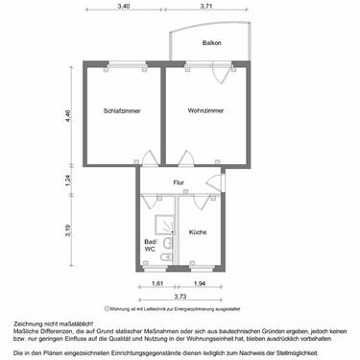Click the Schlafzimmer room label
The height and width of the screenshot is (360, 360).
pos(122,111)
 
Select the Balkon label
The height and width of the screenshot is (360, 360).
pos(211,44)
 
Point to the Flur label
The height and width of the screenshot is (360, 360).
pos(178,182)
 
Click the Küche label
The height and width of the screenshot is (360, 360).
pos(198,232)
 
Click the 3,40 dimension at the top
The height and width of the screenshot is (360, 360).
pos(124,7)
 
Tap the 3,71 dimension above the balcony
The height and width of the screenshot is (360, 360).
pos(206,7)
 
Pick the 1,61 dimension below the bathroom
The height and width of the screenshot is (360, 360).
pos(158,284)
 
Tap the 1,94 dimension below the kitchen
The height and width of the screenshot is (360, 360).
pos(199,284)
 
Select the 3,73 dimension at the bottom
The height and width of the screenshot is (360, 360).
pos(180,298)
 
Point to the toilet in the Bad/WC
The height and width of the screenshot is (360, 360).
pos(167,257)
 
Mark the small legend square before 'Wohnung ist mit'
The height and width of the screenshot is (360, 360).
pos(106,309)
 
